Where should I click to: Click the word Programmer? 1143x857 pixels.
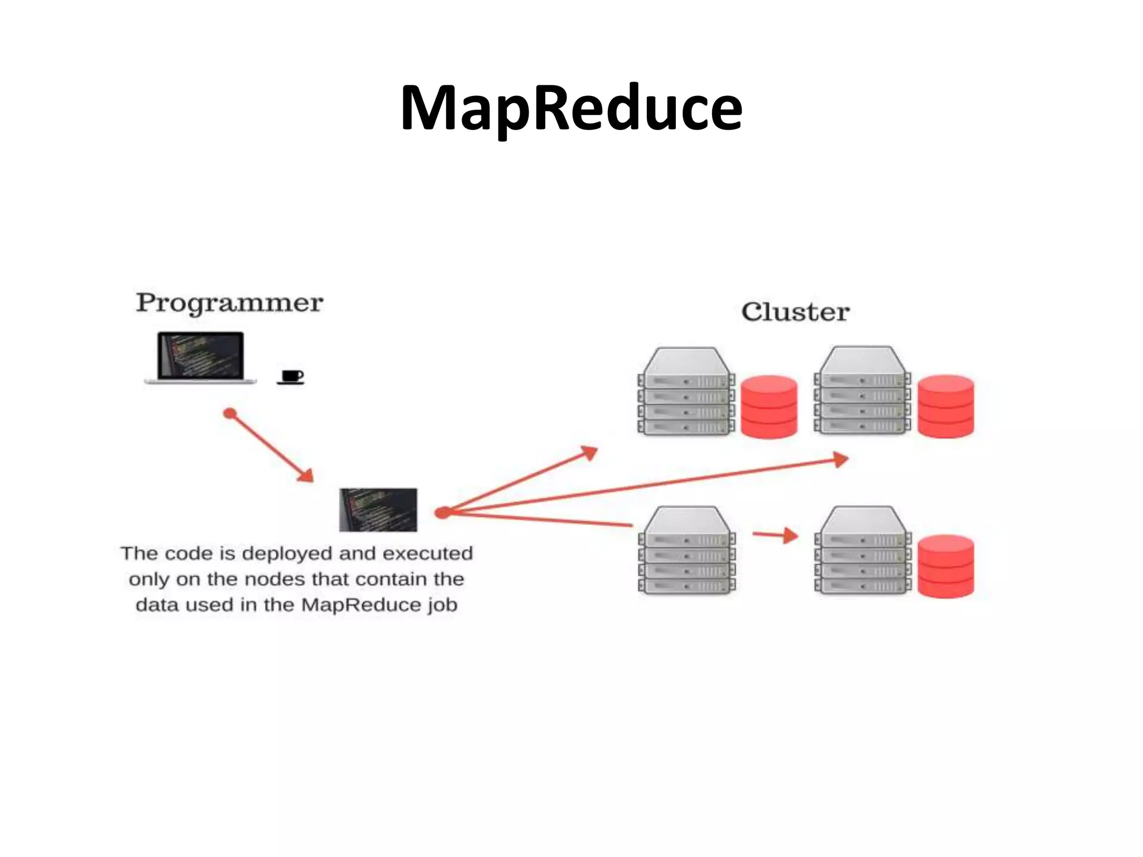[229, 303]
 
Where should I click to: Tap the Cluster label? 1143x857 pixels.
[795, 312]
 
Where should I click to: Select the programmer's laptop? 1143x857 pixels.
[201, 358]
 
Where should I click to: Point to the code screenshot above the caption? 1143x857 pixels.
[378, 509]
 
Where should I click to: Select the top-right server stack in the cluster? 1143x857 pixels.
[862, 391]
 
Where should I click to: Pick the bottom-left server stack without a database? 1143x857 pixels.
[686, 551]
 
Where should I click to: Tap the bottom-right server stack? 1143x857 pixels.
[862, 551]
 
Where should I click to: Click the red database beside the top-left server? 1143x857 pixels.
[769, 407]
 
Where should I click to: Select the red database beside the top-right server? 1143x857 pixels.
[945, 406]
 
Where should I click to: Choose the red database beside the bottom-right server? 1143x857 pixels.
[945, 566]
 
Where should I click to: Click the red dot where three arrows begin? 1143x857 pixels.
[442, 512]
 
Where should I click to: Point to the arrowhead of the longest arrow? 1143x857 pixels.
[841, 460]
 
